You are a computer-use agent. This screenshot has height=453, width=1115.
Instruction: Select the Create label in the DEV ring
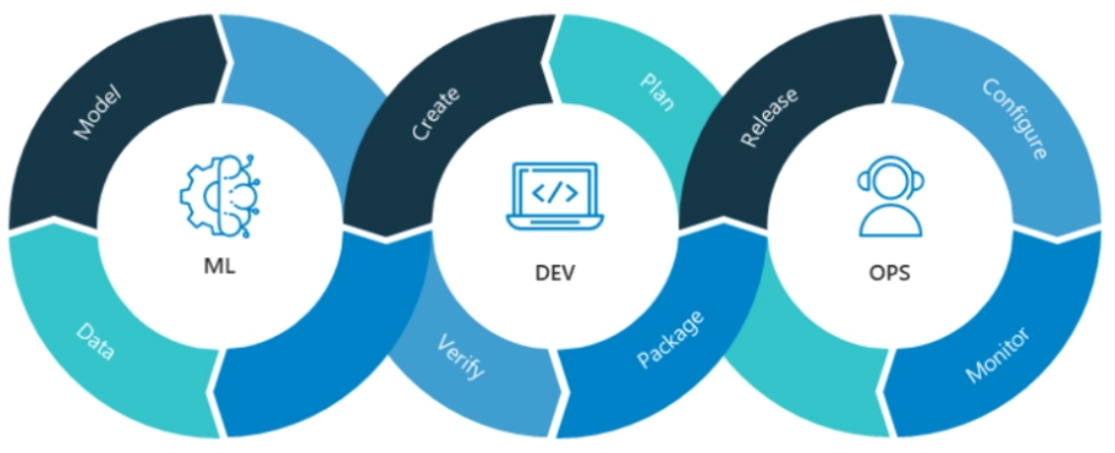(x=436, y=113)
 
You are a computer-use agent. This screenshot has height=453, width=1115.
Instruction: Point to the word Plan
(x=658, y=92)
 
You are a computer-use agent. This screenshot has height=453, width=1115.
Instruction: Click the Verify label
(x=461, y=357)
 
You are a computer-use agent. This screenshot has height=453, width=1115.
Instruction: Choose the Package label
(x=671, y=339)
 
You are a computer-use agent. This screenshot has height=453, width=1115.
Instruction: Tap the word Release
(x=770, y=117)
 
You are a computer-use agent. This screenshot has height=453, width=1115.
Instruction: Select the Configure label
(x=1015, y=120)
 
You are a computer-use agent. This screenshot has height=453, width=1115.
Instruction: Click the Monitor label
(x=997, y=355)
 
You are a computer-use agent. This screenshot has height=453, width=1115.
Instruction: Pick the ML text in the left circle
(x=220, y=266)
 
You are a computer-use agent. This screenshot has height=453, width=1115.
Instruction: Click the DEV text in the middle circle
(x=555, y=272)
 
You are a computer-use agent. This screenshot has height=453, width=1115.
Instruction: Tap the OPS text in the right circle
(x=889, y=272)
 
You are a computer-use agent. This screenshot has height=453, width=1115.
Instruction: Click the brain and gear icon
(x=220, y=195)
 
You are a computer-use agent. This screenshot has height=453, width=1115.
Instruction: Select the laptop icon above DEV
(x=555, y=196)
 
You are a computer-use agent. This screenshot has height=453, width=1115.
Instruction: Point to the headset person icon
(x=890, y=197)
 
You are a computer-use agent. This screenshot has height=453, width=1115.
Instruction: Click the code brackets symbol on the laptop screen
(x=555, y=193)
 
